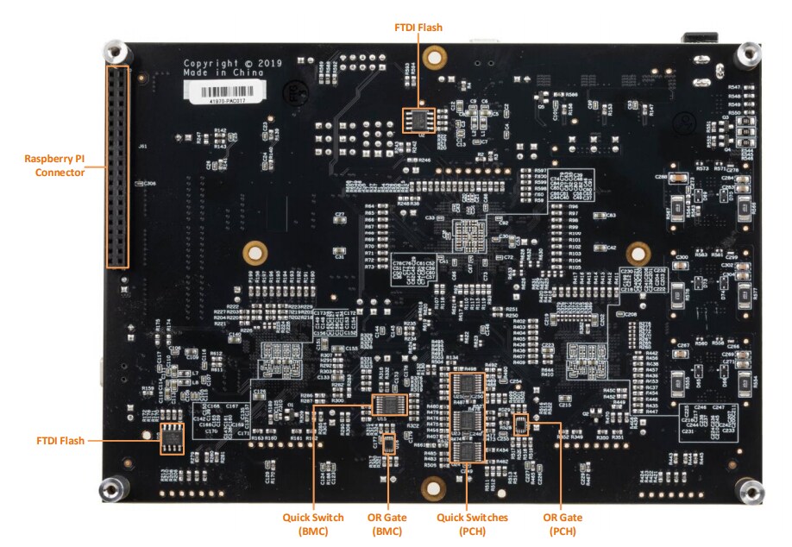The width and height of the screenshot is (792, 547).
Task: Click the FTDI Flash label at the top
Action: click(418, 28)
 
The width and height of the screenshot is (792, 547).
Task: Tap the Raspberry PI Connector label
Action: click(54, 166)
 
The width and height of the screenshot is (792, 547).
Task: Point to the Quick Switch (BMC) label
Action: click(313, 524)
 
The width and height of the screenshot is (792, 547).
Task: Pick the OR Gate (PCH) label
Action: click(562, 524)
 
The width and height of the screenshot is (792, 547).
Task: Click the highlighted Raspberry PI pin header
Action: click(116, 167)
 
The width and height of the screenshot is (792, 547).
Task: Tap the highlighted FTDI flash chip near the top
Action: click(418, 121)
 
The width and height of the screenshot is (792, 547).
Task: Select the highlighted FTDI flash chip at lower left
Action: click(172, 438)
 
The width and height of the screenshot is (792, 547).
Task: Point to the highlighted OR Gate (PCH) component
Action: click(520, 424)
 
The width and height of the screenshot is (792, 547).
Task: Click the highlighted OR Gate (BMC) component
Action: click(388, 444)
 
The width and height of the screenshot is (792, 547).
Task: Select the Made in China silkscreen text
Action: click(212, 73)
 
